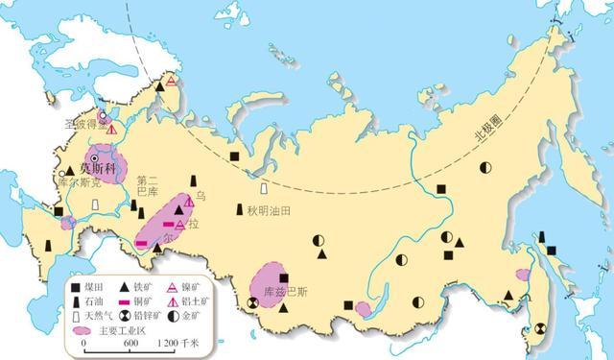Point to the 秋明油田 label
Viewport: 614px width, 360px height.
pyautogui.click(x=267, y=211)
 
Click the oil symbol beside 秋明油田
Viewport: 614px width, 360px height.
pyautogui.click(x=241, y=209)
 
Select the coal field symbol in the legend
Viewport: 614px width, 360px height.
pyautogui.click(x=76, y=285)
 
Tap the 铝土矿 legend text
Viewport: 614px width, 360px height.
pyautogui.click(x=201, y=300)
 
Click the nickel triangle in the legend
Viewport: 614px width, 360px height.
pyautogui.click(x=175, y=285)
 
